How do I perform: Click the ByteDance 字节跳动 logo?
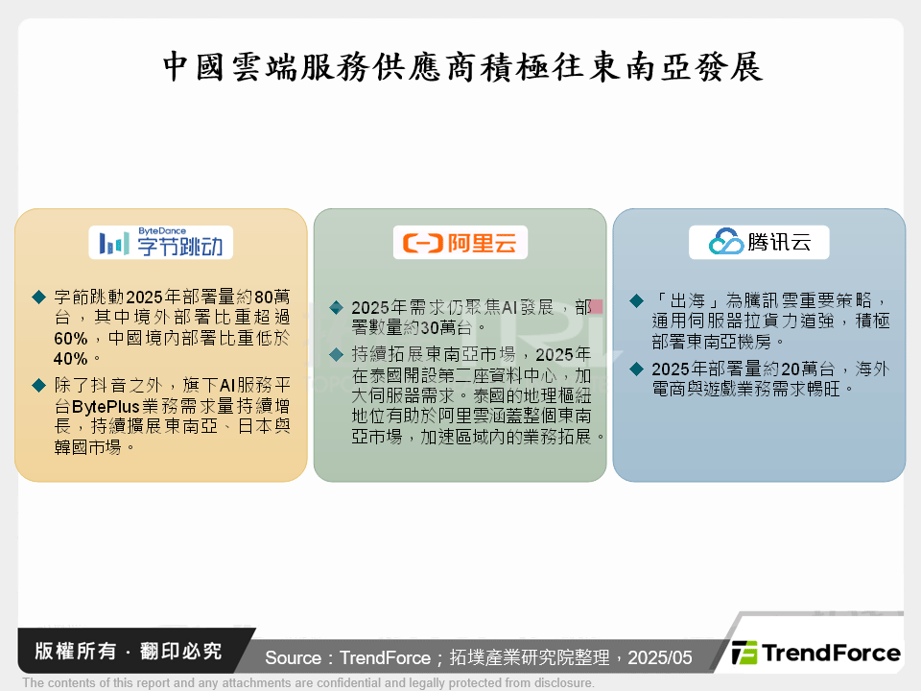click(160, 243)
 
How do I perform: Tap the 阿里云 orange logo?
click(460, 244)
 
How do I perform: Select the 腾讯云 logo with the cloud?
click(759, 243)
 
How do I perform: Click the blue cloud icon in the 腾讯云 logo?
click(725, 243)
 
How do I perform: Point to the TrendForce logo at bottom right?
click(815, 654)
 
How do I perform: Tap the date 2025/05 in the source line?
click(659, 657)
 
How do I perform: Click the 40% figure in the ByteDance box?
click(71, 358)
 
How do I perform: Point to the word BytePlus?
click(108, 406)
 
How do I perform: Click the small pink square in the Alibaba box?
click(595, 307)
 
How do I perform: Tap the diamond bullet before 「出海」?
click(636, 301)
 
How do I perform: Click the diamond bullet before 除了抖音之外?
click(38, 385)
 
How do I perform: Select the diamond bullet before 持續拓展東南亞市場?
click(336, 354)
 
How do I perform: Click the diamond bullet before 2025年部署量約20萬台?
click(636, 369)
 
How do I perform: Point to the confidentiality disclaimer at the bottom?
click(308, 682)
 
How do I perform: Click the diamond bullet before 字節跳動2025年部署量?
click(38, 297)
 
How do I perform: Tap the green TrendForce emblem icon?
click(744, 654)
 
